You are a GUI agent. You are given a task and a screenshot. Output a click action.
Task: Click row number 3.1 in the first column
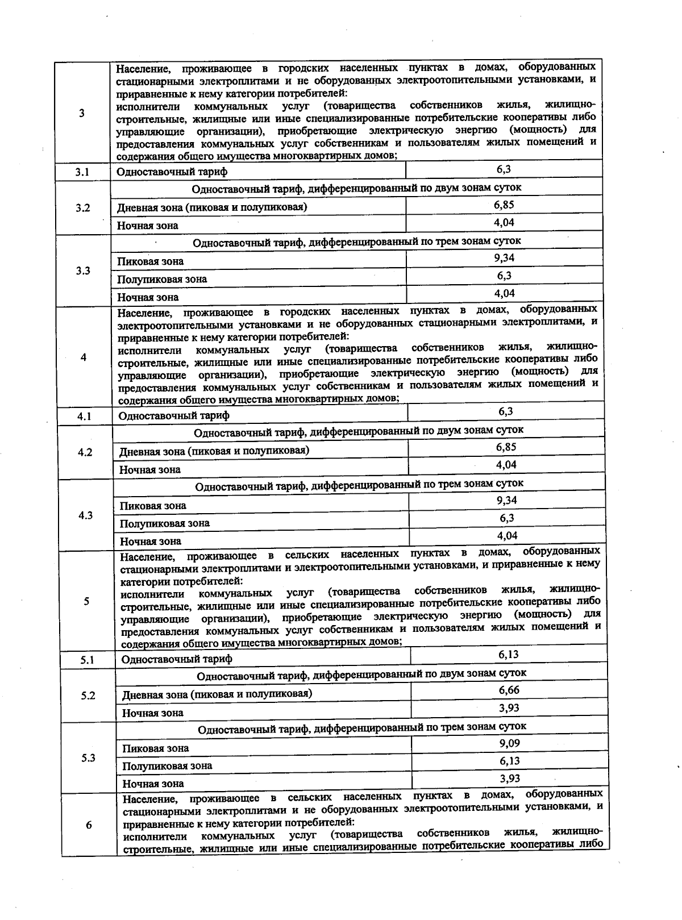point(82,172)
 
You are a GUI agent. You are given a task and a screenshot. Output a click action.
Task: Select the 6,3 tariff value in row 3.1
point(504,169)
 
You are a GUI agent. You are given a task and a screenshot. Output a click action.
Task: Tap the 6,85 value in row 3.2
point(504,205)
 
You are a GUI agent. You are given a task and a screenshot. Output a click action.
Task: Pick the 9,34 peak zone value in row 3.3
point(504,258)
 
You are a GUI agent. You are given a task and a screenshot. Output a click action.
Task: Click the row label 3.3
point(83,270)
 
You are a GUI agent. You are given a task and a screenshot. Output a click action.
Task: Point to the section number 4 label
point(84,357)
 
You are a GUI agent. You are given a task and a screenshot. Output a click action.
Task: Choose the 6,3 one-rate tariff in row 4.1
point(506,411)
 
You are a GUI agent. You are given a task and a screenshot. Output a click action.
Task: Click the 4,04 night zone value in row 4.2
point(506,465)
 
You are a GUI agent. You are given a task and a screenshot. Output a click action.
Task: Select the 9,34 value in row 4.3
point(506,500)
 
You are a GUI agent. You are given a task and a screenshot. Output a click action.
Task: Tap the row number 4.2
point(85,452)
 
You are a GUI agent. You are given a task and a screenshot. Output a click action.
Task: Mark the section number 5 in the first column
point(86,601)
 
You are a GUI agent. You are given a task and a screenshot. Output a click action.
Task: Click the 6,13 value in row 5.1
point(509,654)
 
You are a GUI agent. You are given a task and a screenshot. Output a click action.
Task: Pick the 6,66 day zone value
point(509,690)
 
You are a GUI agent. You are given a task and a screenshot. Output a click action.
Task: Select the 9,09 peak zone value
point(509,743)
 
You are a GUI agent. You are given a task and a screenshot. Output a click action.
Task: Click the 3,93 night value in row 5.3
point(509,779)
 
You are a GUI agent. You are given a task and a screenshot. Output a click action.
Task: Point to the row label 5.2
point(88,696)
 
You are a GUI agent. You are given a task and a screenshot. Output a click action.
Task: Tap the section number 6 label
point(89,825)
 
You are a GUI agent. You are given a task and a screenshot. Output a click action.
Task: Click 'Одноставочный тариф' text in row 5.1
point(177,659)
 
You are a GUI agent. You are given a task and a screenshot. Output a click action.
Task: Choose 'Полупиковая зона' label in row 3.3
point(162,279)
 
